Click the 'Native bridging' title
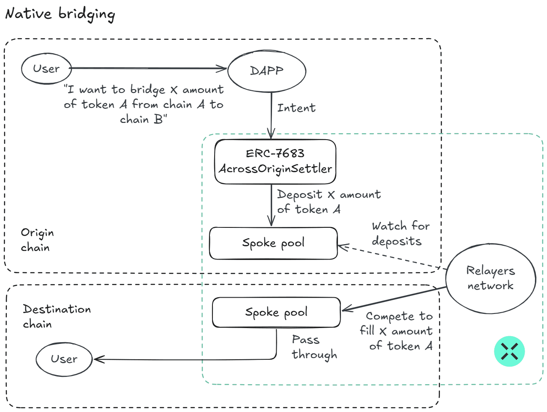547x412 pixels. (60, 14)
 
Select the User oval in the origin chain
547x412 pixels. (46, 69)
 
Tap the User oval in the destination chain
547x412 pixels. (64, 359)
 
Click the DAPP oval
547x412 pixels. (266, 71)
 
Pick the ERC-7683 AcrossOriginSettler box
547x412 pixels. (275, 161)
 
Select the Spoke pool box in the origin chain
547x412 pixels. (273, 243)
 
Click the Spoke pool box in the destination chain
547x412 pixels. (276, 312)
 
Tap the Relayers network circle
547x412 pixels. (490, 278)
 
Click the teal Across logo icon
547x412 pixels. (509, 352)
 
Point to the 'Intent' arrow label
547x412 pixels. (296, 108)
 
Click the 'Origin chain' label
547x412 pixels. (37, 240)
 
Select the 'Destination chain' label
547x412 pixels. (57, 316)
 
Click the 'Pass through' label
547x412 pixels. (314, 347)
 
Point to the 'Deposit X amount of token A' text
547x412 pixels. (329, 202)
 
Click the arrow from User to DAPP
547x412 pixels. (148, 68)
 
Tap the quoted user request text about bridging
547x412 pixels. (143, 104)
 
